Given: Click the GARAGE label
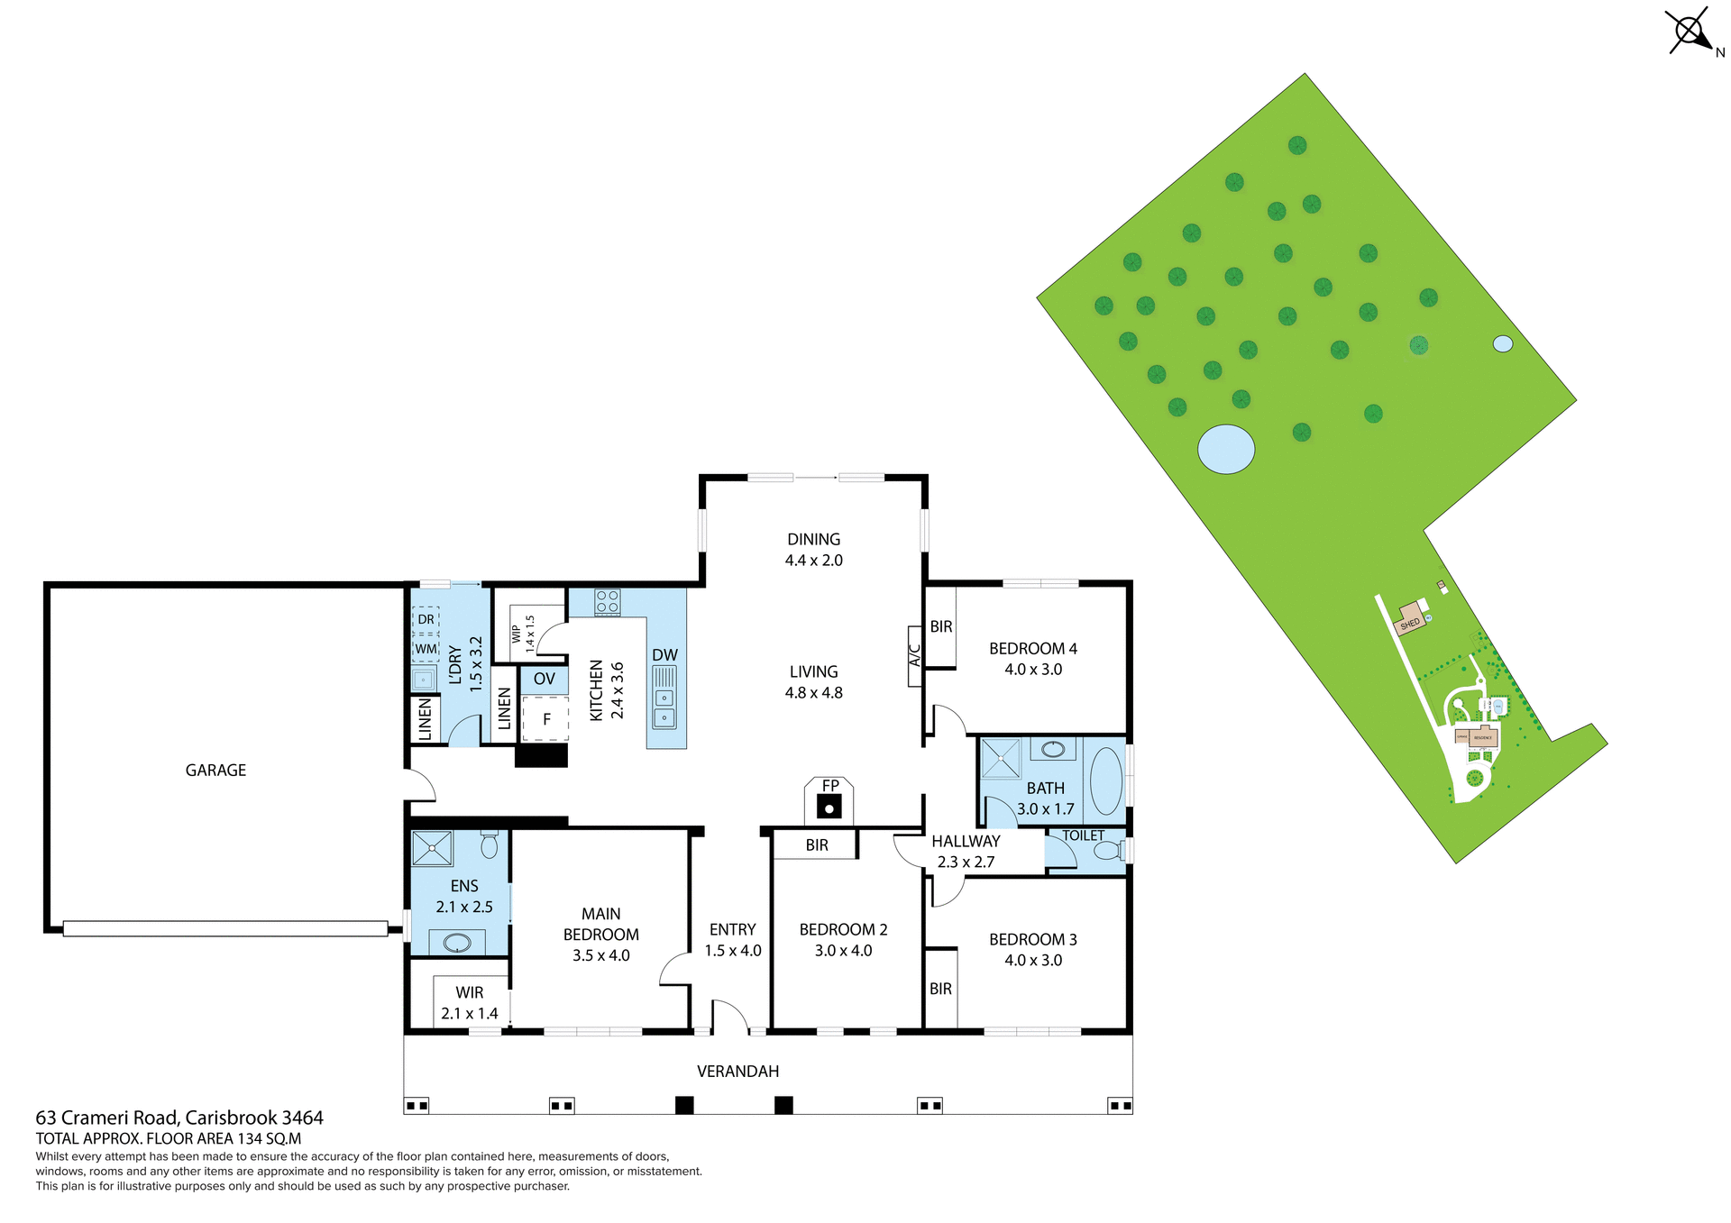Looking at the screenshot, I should point(215,770).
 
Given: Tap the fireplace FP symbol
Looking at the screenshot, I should point(829,802).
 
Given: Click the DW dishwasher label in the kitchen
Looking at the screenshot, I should point(664,655).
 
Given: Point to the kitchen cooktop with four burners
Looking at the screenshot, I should point(607,602).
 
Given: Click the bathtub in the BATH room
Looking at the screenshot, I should point(1105,780).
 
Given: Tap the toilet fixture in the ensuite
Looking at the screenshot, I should point(489,844).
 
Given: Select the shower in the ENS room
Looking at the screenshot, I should point(432,848).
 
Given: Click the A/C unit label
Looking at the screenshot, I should point(914,655).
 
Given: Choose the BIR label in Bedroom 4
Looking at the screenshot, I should point(940,626).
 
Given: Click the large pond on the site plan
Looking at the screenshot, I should point(1225,448).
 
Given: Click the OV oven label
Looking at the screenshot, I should point(544,679).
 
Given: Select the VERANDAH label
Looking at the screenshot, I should point(737,1071).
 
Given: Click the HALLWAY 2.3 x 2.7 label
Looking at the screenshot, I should point(966,851).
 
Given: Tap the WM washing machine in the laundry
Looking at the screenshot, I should point(426,648).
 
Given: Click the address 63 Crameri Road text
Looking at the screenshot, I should point(179,1118).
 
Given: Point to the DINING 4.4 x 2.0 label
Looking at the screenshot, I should point(813,549).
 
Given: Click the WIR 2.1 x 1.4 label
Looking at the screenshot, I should point(469,1002).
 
